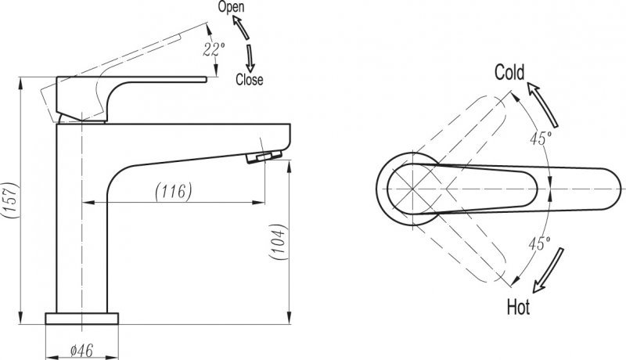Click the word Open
[x=231, y=8]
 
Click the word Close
[x=250, y=79]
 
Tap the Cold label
[x=509, y=72]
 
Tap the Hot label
[x=518, y=308]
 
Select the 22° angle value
[x=214, y=49]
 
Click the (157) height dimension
[x=10, y=200]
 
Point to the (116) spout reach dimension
[x=174, y=191]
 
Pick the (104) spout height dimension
[x=279, y=242]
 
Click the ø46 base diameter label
[x=81, y=351]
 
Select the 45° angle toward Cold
[x=541, y=138]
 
